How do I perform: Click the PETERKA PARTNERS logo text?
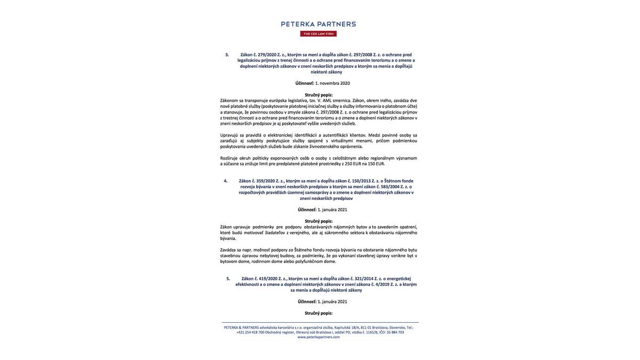pos(318,24)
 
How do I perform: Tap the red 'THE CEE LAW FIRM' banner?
pos(318,34)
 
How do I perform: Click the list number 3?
pos(227,54)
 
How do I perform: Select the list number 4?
pos(226,181)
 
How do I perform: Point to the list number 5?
pos(228,278)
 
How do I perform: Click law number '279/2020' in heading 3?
pos(267,54)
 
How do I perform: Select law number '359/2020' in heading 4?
pos(266,181)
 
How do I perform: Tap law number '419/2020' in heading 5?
pos(268,278)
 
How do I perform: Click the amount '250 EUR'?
pos(353,164)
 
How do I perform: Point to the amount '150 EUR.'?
pos(377,164)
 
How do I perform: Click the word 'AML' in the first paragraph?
pos(327,100)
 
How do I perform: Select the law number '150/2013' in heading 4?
pos(361,181)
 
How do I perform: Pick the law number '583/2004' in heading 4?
pos(390,187)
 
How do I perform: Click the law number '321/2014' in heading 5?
pos(364,278)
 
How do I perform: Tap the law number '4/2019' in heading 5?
pos(382,284)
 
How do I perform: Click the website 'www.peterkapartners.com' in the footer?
pos(318,337)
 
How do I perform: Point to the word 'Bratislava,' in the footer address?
pos(380,327)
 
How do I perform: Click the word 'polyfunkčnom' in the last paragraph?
pos(309,261)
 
